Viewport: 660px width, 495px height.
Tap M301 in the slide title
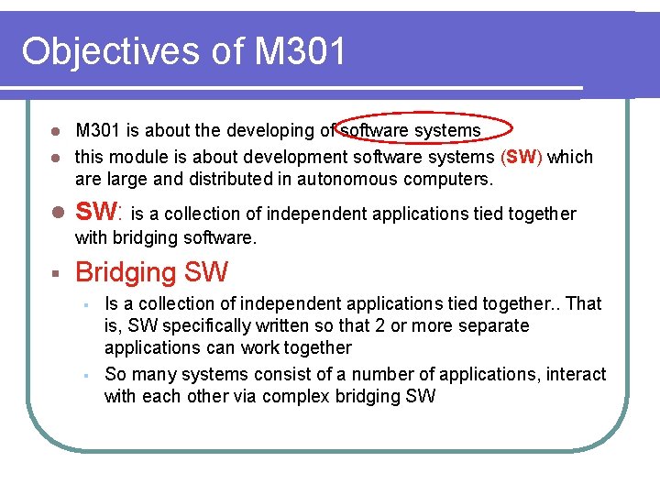click(301, 51)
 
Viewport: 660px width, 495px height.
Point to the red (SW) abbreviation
click(522, 157)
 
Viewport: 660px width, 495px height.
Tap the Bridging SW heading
click(151, 272)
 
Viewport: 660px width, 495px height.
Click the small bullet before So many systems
click(84, 375)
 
